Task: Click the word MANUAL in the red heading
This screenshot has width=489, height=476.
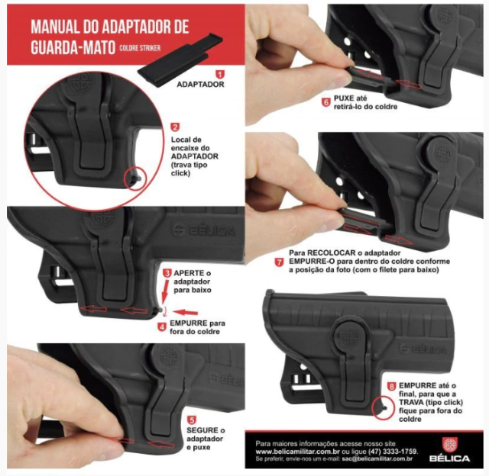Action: coord(54,27)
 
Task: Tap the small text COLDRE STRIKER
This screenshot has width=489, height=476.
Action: coord(140,48)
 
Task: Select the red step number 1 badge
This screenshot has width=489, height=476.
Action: coord(220,75)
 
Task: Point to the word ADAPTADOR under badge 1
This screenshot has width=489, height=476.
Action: coord(200,85)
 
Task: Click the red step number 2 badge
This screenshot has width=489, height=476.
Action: coord(175,127)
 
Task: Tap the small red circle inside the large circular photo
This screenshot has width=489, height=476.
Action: coord(136,179)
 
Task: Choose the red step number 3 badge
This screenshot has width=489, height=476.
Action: coord(167,273)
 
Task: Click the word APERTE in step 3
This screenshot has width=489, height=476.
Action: coord(189,273)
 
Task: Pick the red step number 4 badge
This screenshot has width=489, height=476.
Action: coord(162,327)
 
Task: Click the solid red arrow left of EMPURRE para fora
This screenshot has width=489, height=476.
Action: coord(185,312)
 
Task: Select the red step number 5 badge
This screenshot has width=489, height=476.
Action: coord(192,420)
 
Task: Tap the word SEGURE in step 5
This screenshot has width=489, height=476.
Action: coord(202,430)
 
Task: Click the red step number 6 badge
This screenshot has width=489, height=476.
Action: coord(326,102)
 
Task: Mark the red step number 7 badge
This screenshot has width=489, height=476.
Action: coord(279,262)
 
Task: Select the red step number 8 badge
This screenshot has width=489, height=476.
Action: coord(391,387)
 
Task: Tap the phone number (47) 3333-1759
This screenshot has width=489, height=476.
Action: coord(393,452)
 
